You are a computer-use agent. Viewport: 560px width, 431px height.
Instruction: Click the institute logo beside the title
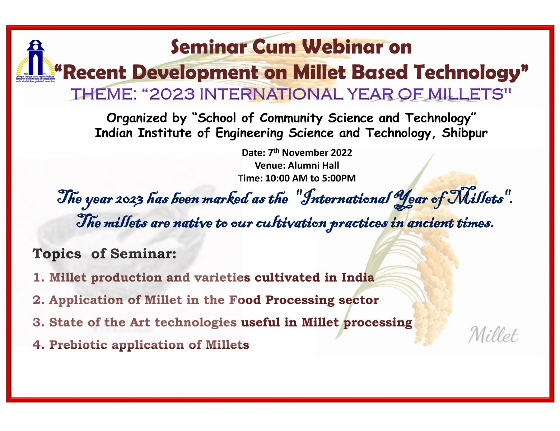coord(35,61)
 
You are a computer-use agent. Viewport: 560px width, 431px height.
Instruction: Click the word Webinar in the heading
coord(342,47)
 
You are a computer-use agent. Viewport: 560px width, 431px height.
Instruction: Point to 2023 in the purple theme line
coord(172,94)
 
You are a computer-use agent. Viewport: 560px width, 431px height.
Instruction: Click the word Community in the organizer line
coord(291,118)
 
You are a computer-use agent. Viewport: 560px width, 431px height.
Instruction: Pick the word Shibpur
coord(465,133)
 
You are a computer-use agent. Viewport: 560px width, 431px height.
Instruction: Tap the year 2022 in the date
coord(341,153)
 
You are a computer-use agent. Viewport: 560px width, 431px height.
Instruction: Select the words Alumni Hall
coord(313,165)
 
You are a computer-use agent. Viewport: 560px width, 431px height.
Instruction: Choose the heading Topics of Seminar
coord(104,254)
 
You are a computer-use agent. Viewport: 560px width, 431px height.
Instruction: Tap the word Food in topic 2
coord(245,300)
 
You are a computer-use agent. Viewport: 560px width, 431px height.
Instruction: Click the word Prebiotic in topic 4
coord(78,345)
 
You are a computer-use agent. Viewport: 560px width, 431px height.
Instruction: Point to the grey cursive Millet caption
coord(493,335)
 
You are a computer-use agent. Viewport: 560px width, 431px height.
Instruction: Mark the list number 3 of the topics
coord(37,322)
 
